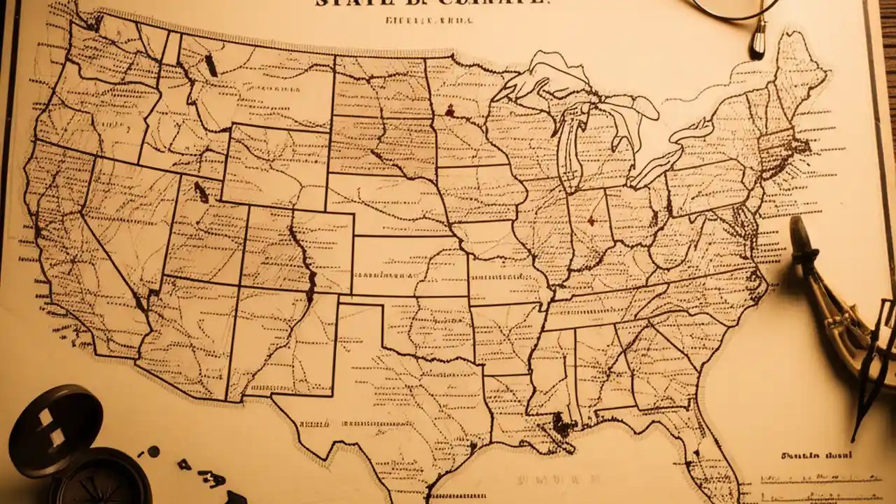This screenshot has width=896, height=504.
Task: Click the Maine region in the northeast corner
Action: pyautogui.click(x=798, y=70)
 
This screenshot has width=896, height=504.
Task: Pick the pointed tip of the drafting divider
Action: pyautogui.click(x=855, y=437)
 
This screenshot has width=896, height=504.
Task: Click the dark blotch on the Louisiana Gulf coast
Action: pyautogui.click(x=561, y=423)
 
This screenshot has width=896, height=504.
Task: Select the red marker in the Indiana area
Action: pyautogui.click(x=591, y=222)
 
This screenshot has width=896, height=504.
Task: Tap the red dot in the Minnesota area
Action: pyautogui.click(x=449, y=110)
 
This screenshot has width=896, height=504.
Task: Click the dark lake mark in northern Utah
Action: pyautogui.click(x=200, y=191)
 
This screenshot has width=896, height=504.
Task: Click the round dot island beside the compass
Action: pyautogui.click(x=153, y=451)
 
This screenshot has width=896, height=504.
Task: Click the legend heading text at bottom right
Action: pyautogui.click(x=815, y=456)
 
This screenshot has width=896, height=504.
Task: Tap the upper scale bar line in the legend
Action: pyautogui.click(x=819, y=478)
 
